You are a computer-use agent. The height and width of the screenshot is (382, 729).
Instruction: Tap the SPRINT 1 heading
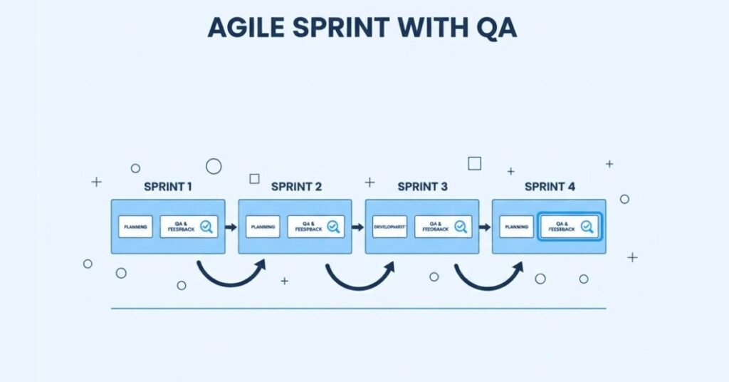[x=168, y=187]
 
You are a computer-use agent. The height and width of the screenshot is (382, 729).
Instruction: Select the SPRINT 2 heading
[x=296, y=187]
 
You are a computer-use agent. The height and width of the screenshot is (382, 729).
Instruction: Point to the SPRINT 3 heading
[x=423, y=187]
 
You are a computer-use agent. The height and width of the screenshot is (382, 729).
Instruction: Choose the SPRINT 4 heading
[x=550, y=187]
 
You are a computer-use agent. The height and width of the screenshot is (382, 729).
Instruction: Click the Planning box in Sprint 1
[x=136, y=227]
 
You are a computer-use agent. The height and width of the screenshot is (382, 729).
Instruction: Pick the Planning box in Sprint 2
[x=263, y=227]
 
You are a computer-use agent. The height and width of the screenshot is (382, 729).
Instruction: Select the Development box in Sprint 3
[x=389, y=227]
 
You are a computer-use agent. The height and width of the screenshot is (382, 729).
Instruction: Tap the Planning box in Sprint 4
[x=516, y=227]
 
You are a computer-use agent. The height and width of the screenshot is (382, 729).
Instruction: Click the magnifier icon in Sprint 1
[x=206, y=227]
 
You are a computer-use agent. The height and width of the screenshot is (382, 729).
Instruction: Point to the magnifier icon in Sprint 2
[x=333, y=227]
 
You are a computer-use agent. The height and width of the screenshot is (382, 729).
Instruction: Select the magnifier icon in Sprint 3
[x=461, y=227]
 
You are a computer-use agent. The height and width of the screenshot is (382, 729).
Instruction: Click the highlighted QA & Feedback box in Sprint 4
[x=570, y=227]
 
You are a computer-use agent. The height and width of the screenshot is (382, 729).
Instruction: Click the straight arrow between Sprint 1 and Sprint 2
[x=231, y=227]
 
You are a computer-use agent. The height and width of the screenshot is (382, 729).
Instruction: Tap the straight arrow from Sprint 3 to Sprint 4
[x=485, y=227]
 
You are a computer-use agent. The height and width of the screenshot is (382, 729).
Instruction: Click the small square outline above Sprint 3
[x=474, y=163]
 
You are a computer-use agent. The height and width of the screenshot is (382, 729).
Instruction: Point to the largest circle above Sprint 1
[x=214, y=166]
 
